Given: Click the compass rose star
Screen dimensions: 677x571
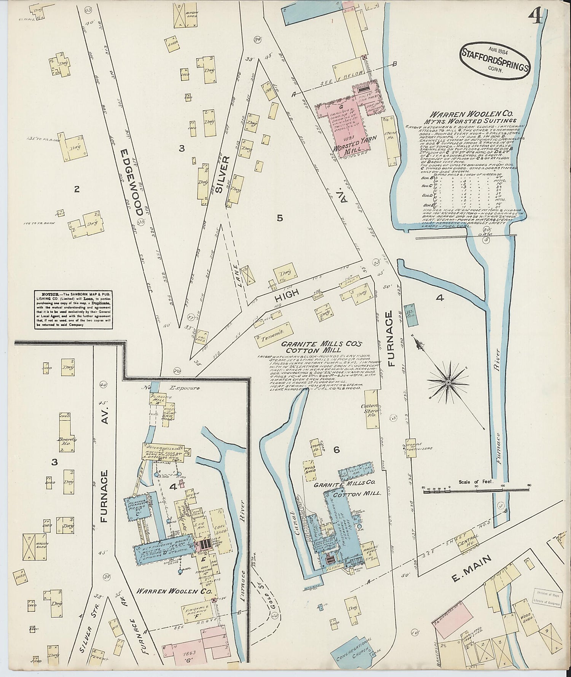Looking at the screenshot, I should [x=448, y=382].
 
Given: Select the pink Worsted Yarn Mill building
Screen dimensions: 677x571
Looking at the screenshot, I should [x=342, y=121].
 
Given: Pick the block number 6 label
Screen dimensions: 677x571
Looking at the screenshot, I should [x=336, y=450].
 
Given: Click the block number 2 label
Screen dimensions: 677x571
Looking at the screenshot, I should [x=77, y=189].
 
